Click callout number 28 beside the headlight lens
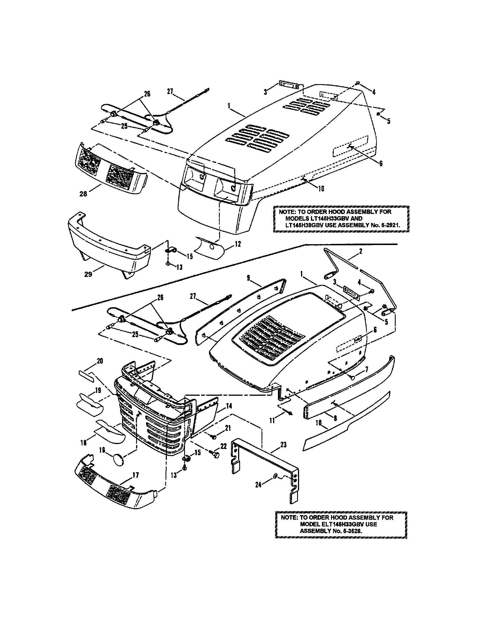(83, 195)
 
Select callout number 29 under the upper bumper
(88, 274)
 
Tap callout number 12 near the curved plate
(238, 244)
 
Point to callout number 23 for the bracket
(283, 445)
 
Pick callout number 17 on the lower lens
(136, 475)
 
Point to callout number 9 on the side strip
(249, 278)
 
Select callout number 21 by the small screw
(228, 428)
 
